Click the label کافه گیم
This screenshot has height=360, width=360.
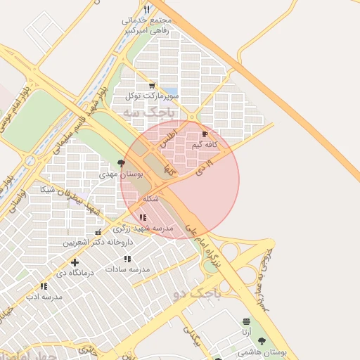204,144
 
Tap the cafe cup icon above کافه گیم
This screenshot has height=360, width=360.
205,134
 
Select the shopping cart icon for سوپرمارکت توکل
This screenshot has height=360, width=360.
152,85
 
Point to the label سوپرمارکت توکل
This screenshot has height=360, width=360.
153,95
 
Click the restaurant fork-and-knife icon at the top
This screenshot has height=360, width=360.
146,10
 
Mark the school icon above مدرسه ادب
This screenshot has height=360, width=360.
44,286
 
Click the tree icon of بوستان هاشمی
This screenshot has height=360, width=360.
262,341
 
